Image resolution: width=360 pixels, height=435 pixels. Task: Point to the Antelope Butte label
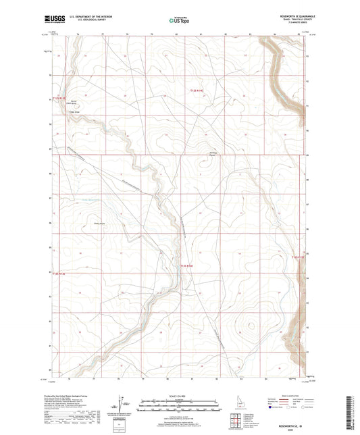point(213,153)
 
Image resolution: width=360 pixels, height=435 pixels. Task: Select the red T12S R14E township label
point(197,89)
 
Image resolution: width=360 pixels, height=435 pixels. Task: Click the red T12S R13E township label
point(60,99)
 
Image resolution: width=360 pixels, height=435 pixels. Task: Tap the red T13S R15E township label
point(298,258)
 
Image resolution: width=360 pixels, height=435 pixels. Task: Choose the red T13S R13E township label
point(60,274)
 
